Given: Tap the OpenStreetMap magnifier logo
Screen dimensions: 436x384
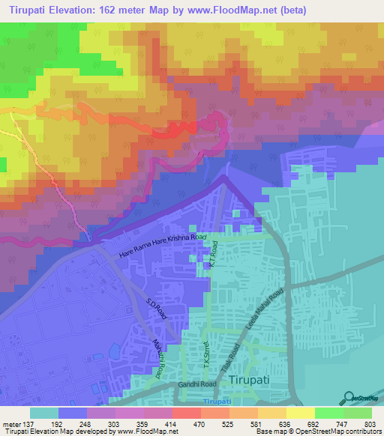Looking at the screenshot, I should point(349,397).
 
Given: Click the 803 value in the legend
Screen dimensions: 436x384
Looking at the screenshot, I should point(371,423).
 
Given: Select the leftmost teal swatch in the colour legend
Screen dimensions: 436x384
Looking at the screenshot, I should point(44,413).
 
